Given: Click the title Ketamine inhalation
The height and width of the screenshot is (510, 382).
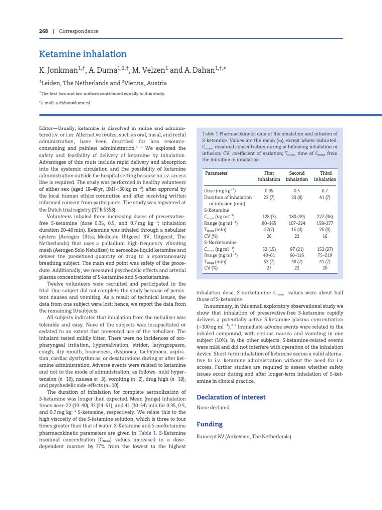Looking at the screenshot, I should [83, 54].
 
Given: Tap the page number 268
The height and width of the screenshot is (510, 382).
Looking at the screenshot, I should [44, 31].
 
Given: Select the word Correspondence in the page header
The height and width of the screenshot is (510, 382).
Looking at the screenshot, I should [79, 31].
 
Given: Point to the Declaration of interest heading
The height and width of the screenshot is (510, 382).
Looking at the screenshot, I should [231, 397].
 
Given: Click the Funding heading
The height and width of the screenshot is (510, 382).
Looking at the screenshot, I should [210, 424].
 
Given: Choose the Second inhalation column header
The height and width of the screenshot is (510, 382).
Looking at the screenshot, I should [297, 176].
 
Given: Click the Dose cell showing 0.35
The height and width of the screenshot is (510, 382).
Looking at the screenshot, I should [269, 191].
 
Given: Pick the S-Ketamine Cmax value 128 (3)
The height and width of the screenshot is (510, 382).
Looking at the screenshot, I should [269, 216].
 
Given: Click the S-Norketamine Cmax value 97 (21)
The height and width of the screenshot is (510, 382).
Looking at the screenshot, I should [297, 249].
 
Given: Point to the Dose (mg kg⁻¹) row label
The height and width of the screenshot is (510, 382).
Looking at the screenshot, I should [220, 191].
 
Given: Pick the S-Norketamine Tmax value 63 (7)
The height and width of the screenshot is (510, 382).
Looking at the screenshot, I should [269, 261].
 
